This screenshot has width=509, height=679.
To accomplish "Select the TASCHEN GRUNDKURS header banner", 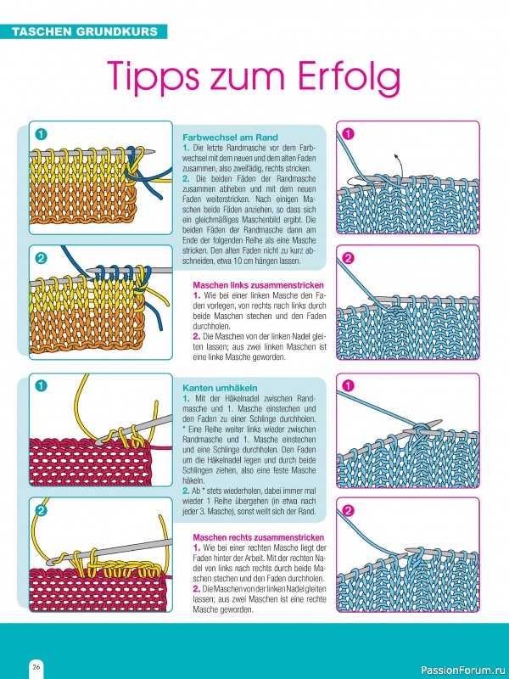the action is click(x=83, y=31).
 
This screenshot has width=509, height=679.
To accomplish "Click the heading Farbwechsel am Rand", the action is click(x=230, y=137).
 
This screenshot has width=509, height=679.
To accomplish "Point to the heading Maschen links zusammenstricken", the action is click(x=259, y=285).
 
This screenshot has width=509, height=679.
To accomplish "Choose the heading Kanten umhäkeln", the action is click(x=220, y=388).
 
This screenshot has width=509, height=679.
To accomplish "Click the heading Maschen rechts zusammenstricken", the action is click(x=259, y=537).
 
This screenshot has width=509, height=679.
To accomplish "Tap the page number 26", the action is click(x=36, y=666).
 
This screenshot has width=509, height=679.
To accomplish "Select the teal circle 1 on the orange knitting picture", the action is click(x=41, y=135).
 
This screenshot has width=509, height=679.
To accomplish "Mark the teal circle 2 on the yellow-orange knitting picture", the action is click(x=41, y=259).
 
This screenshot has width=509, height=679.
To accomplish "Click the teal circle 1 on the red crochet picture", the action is click(x=41, y=385).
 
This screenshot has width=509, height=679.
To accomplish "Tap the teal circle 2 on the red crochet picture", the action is click(x=41, y=511).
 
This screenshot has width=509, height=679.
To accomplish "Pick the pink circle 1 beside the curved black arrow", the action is click(x=349, y=134).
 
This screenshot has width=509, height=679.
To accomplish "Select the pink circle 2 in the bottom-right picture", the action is click(x=349, y=511).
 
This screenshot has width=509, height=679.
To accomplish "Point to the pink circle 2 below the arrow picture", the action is click(x=349, y=259).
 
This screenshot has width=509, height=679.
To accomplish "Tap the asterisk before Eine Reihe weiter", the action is click(x=184, y=429).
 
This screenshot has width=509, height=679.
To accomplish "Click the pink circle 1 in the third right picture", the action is click(x=349, y=385).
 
